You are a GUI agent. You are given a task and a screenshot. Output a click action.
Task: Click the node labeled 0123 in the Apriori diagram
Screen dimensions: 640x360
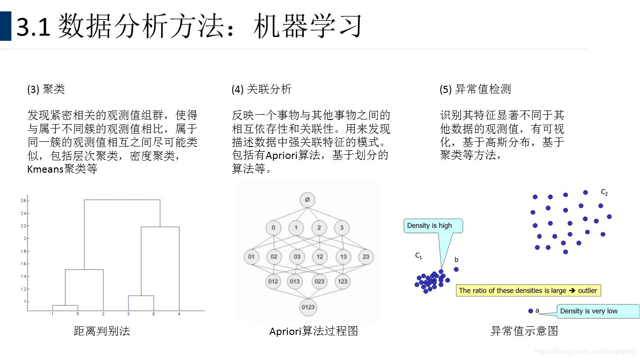click(308, 307)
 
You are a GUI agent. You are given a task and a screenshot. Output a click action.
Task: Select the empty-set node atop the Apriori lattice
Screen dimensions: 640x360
click(307, 200)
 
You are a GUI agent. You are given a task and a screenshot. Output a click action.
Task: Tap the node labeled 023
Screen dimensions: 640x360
click(320, 281)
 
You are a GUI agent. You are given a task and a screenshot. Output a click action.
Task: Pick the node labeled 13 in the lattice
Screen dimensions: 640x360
click(343, 257)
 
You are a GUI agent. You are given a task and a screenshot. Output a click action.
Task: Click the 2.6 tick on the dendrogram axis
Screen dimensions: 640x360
click(24, 201)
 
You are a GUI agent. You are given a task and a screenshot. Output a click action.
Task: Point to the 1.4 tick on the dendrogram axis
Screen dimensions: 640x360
click(24, 276)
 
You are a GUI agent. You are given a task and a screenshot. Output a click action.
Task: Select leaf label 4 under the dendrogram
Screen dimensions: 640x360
click(179, 314)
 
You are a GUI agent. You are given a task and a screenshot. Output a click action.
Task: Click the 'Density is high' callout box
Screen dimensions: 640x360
click(430, 226)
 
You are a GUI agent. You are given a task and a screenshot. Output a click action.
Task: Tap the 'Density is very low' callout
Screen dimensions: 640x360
click(589, 311)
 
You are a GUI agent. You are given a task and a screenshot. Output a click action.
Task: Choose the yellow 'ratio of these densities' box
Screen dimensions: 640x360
click(528, 290)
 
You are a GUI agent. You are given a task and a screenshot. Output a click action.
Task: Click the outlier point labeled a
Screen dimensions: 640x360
click(530, 311)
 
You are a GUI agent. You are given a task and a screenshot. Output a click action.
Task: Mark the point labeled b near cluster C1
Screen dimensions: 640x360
click(456, 269)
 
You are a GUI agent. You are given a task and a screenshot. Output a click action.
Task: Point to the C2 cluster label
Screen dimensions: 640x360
click(604, 193)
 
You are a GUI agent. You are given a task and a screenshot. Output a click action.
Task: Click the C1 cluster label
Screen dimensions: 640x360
click(419, 256)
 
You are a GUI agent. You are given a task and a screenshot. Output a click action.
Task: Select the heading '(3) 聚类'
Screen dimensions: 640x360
click(46, 89)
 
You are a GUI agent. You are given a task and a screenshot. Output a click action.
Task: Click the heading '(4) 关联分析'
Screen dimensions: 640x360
click(261, 89)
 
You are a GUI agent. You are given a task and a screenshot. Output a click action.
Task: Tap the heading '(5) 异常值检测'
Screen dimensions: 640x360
click(475, 89)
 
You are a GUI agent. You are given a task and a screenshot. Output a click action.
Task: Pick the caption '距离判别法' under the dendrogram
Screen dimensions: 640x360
click(102, 331)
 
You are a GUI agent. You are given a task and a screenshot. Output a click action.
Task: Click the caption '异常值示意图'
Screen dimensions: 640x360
click(524, 331)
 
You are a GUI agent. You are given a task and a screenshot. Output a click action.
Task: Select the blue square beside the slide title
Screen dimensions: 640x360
click(5, 26)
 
